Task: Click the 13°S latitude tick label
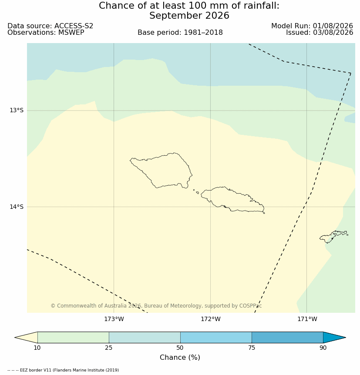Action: coord(17,110)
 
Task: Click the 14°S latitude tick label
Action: coord(17,207)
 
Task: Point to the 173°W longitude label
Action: coord(114,319)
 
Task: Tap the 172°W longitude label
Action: coord(211,319)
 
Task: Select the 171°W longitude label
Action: coord(307,319)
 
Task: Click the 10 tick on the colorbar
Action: coord(37,348)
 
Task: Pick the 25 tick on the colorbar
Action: coord(109,348)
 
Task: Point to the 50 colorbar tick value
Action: coord(180,348)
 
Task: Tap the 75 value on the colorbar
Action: coord(252,348)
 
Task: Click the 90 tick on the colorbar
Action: coord(323,348)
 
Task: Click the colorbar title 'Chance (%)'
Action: coord(180,357)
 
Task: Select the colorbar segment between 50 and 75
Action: coord(216,338)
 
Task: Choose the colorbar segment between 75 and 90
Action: coord(287,338)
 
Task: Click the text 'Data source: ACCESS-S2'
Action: coord(50,26)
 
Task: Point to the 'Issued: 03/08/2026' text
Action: coord(320,33)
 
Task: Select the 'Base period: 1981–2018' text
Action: coord(180,33)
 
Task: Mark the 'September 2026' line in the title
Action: coord(189,16)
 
